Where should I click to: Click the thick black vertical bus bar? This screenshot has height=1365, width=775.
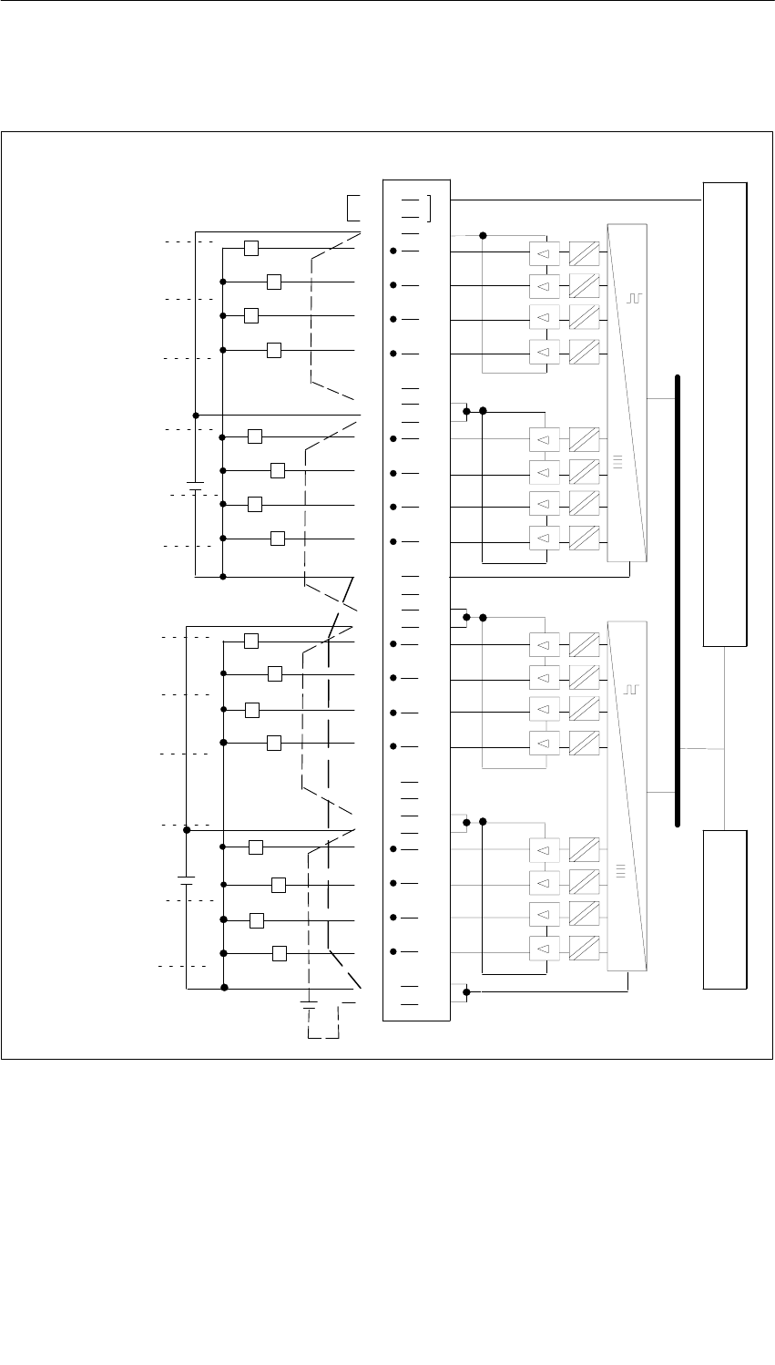click(x=678, y=600)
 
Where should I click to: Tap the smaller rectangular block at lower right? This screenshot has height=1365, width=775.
click(x=725, y=908)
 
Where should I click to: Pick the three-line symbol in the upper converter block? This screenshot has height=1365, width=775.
click(x=618, y=463)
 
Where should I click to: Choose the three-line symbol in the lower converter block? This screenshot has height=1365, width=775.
click(x=618, y=870)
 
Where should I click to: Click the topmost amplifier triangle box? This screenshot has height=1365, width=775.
click(x=543, y=251)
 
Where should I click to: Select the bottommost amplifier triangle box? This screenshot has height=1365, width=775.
click(x=543, y=950)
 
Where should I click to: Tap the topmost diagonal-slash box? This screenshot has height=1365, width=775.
click(x=584, y=251)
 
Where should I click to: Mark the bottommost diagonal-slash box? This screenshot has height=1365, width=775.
click(x=584, y=950)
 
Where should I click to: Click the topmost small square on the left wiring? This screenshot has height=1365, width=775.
click(x=252, y=248)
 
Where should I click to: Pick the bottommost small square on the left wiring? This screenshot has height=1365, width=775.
click(x=280, y=953)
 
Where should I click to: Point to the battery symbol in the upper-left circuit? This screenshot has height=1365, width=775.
click(x=195, y=485)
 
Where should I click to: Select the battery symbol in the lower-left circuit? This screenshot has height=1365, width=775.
click(x=186, y=880)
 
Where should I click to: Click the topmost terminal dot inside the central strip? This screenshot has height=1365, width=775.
click(x=393, y=251)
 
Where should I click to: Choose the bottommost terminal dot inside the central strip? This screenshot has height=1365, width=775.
click(x=393, y=951)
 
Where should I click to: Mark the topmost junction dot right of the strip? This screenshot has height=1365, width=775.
click(x=483, y=235)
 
